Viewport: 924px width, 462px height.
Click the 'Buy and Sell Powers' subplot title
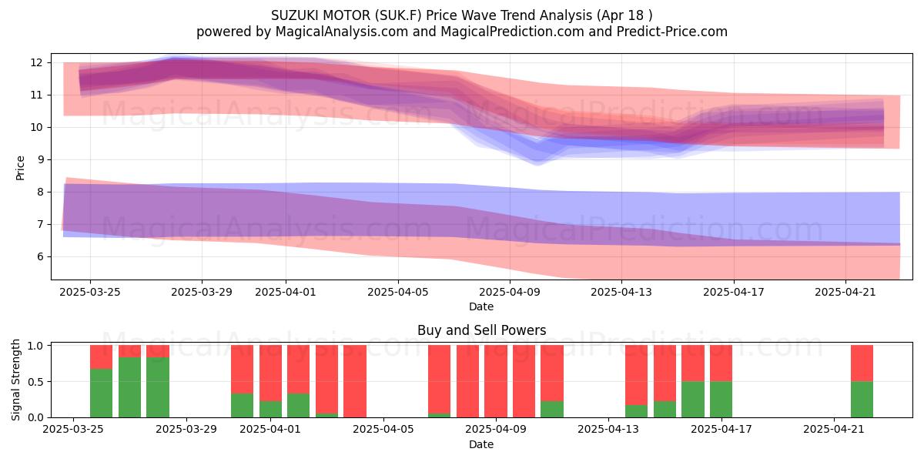(481, 330)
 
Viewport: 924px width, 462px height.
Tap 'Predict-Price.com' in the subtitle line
(672, 32)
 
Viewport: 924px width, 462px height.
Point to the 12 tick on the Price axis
(36, 62)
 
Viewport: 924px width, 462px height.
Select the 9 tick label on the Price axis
(39, 159)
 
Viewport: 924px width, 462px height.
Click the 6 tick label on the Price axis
(39, 256)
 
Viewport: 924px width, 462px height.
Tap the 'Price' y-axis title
(20, 169)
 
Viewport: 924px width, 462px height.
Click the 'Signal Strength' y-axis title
(15, 380)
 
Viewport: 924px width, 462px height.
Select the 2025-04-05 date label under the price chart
(398, 293)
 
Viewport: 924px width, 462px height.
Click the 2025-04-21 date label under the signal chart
(834, 430)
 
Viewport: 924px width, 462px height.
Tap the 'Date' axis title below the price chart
(481, 306)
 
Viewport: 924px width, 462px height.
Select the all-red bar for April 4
(355, 381)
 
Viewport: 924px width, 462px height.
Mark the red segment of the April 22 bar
(862, 363)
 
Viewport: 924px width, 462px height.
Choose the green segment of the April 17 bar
(721, 400)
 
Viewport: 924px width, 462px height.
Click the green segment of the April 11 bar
(552, 409)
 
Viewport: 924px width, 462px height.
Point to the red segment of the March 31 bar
(242, 369)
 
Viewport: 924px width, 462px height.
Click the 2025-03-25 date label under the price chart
(90, 293)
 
